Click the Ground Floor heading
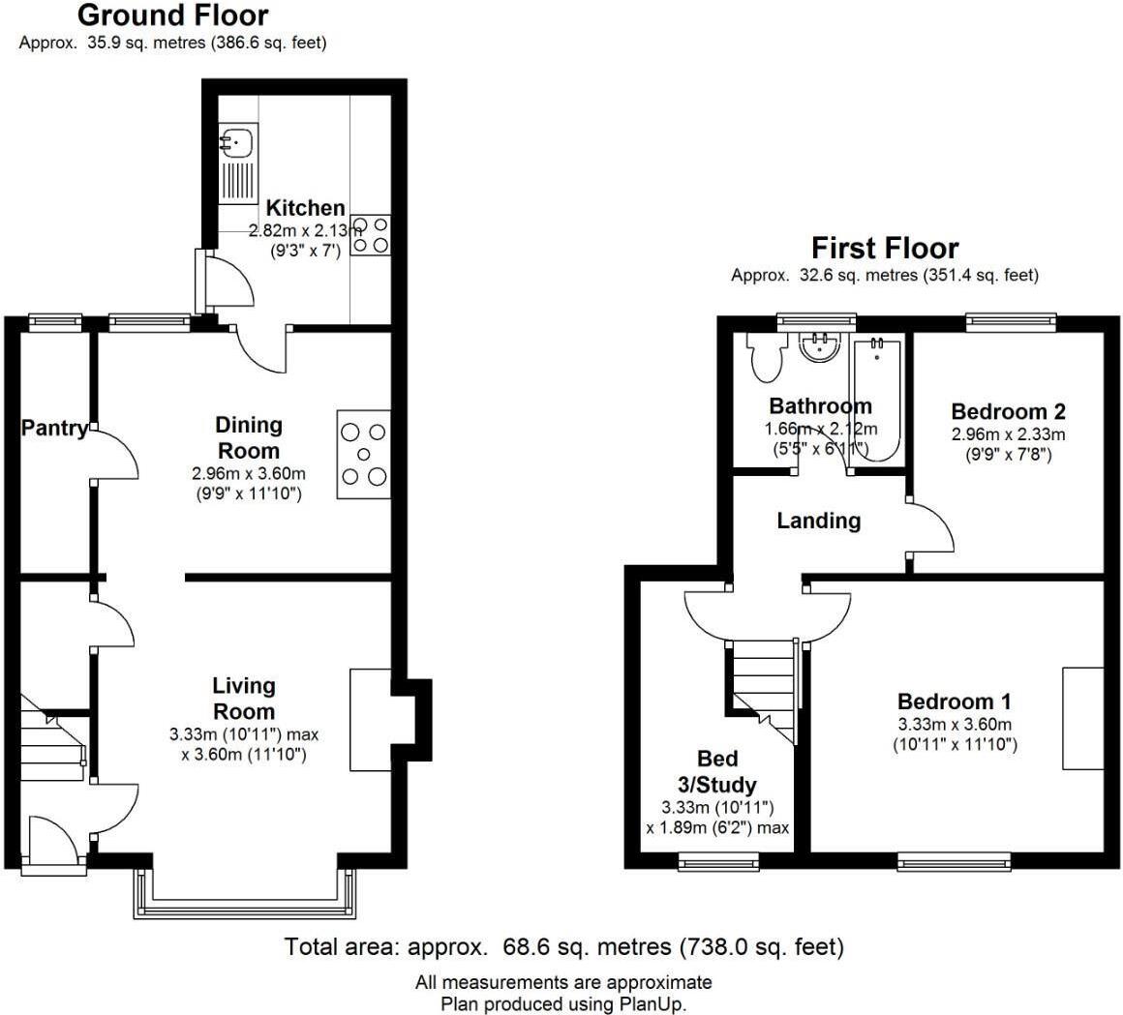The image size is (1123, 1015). (x=172, y=15)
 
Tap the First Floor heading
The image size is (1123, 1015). (x=884, y=248)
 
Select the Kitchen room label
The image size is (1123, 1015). (x=305, y=207)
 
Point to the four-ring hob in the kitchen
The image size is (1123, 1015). (x=372, y=235)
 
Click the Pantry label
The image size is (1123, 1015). (x=54, y=428)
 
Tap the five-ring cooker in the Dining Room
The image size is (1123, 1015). (x=364, y=455)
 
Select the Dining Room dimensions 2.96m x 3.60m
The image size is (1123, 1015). (x=249, y=474)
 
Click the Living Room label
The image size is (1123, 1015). (x=244, y=699)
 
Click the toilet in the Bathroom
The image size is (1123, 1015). (x=766, y=359)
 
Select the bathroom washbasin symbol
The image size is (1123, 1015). (x=821, y=347)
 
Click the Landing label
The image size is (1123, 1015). (x=818, y=521)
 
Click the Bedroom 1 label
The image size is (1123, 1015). (x=954, y=702)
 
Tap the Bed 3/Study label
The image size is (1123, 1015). (x=717, y=771)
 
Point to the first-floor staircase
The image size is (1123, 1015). (x=763, y=682)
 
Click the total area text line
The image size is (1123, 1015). (x=563, y=945)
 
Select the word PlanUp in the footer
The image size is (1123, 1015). (x=652, y=1003)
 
